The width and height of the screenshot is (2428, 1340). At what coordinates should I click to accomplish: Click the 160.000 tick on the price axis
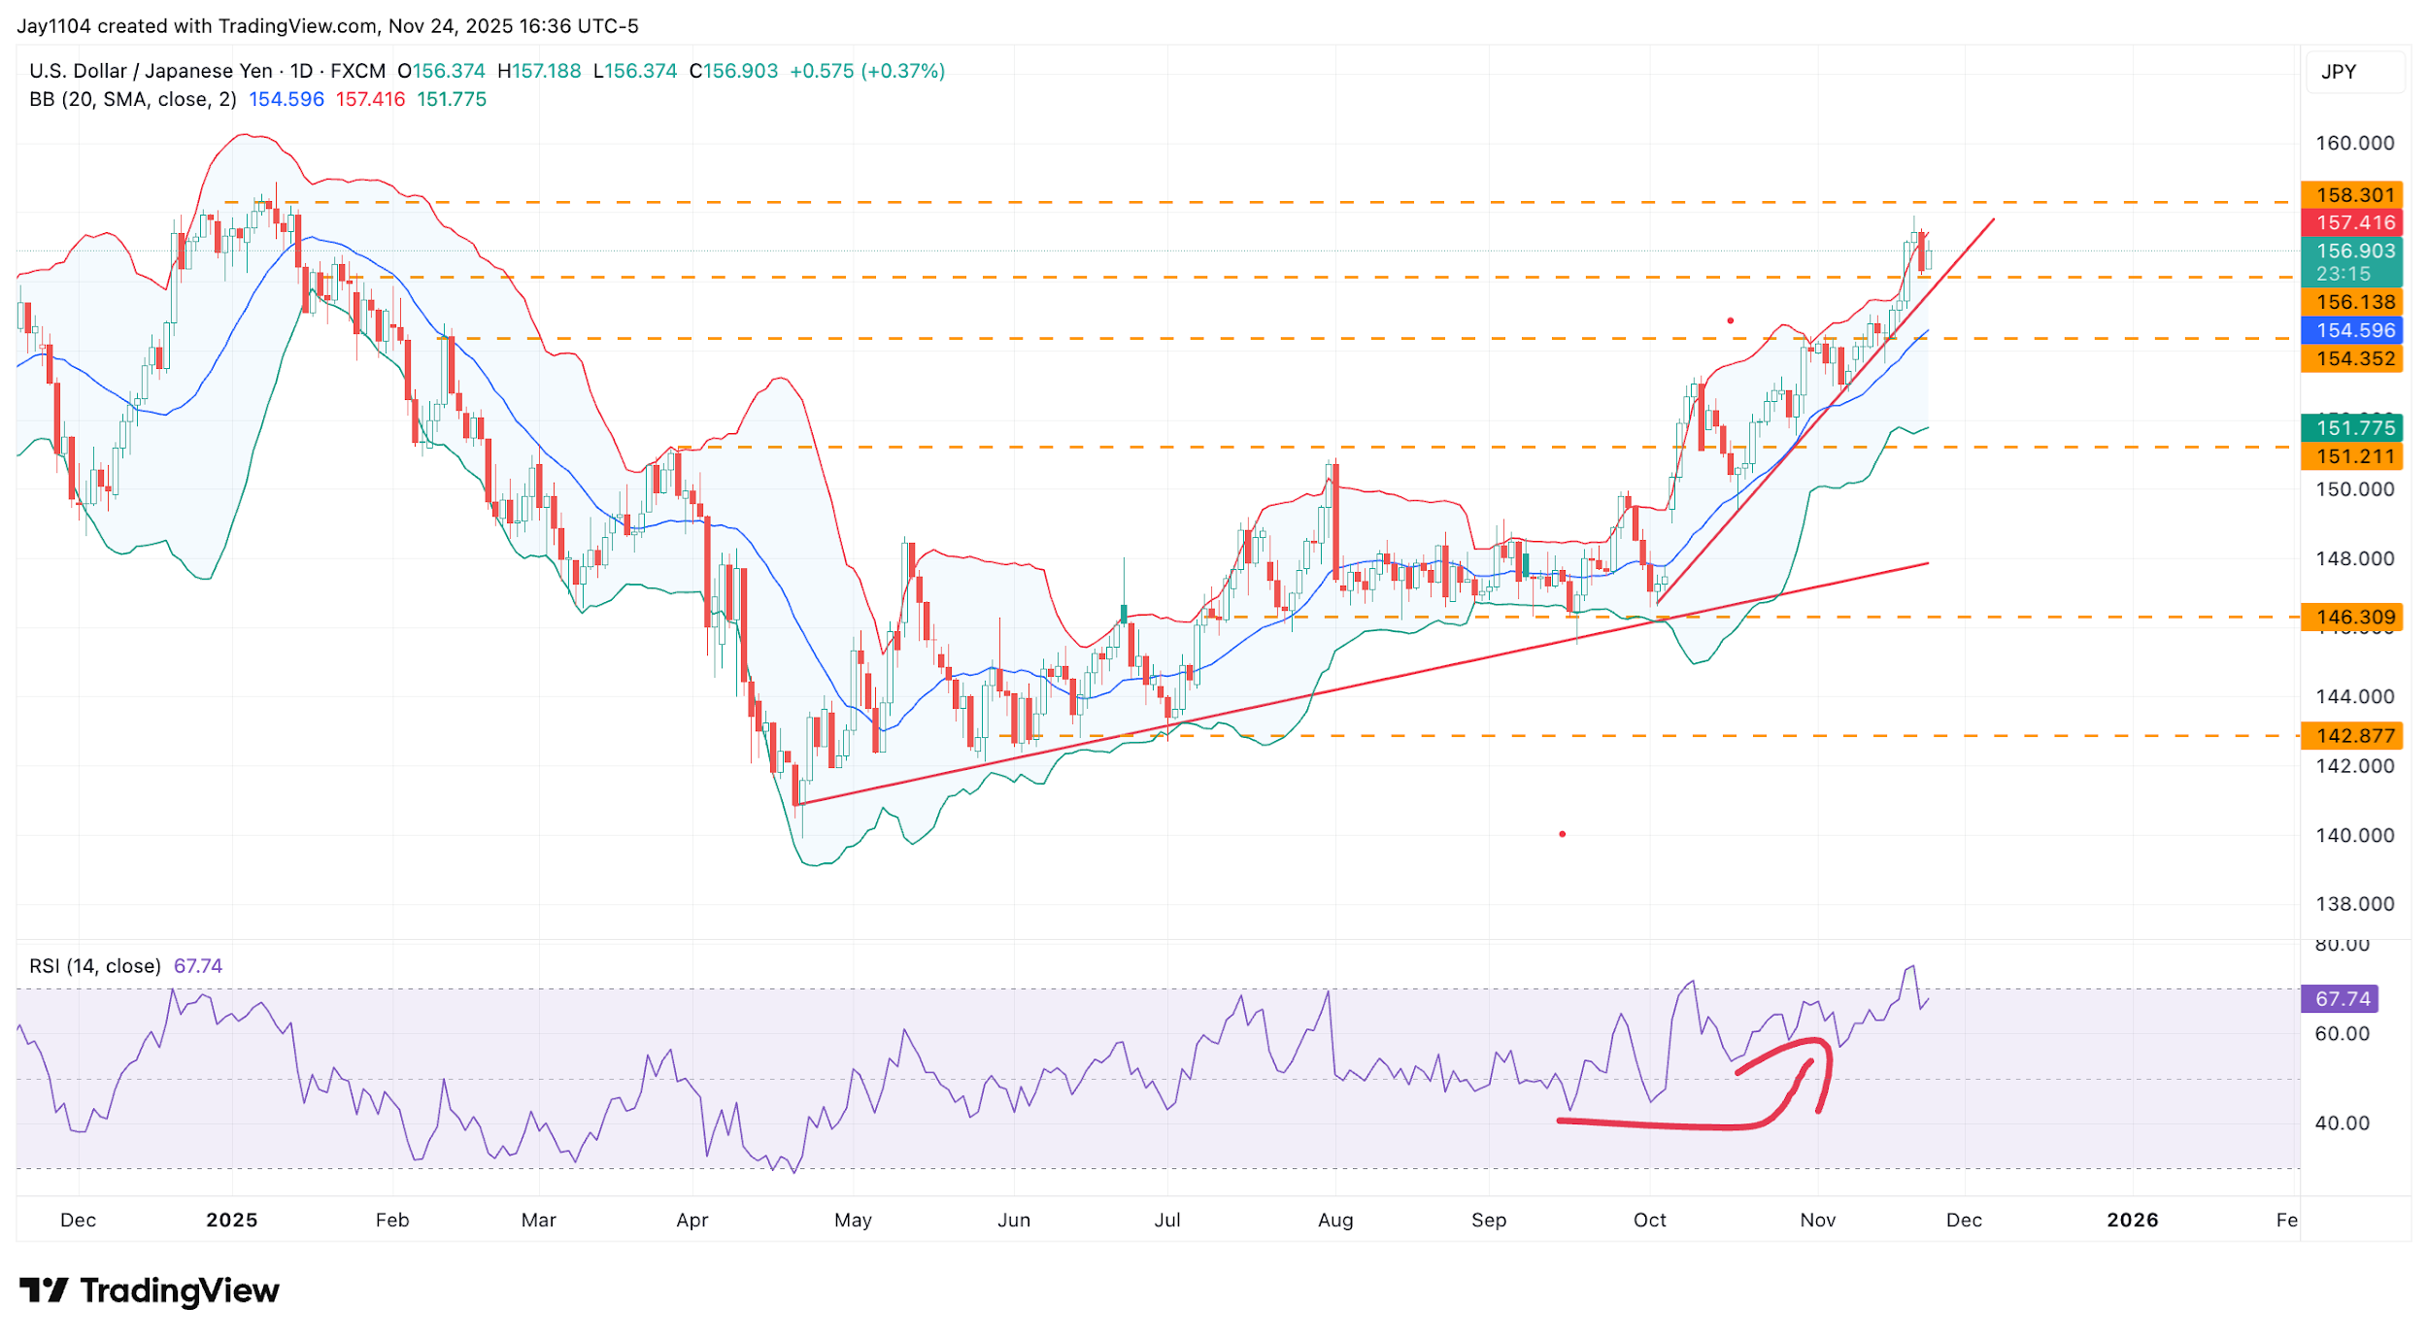pos(2354,143)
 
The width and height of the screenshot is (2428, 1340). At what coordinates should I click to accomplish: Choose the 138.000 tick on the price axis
pos(2354,904)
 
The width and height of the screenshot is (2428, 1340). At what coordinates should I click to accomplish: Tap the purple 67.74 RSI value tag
pos(2342,998)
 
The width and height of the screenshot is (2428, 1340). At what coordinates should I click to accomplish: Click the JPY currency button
pos(2339,72)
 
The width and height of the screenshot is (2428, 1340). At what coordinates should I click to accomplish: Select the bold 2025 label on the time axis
pos(231,1220)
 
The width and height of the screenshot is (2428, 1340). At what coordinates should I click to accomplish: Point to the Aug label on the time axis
pos(1334,1220)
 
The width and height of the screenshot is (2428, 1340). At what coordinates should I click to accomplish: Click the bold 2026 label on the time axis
pos(2132,1220)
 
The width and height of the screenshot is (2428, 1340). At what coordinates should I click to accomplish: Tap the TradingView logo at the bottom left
pos(150,1290)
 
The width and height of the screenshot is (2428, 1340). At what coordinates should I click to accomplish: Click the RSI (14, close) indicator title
pos(95,966)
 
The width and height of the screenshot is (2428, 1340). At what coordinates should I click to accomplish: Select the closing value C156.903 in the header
pos(733,71)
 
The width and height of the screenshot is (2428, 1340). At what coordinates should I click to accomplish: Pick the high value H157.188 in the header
pos(539,71)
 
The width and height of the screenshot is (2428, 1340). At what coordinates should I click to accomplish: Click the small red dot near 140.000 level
pos(1562,834)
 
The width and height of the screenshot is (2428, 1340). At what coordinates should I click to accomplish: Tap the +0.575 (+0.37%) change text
pos(866,71)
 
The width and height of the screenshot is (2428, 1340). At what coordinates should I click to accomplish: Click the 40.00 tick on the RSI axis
pos(2342,1123)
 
